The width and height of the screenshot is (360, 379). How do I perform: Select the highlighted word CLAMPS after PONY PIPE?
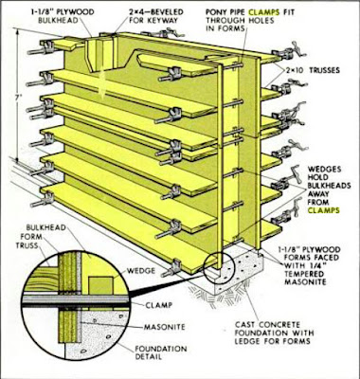[x=263, y=12]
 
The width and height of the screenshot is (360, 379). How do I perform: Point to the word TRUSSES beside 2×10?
[x=324, y=70]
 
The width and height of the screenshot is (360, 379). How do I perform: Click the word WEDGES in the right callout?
[x=325, y=170]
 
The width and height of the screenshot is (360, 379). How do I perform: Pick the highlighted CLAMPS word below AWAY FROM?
[x=324, y=210]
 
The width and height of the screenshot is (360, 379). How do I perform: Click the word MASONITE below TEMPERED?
[x=305, y=281]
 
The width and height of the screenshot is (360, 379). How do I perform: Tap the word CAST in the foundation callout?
[x=245, y=325]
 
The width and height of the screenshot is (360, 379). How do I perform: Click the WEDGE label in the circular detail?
[x=141, y=271]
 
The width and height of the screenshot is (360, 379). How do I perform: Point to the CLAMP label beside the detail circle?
[x=159, y=305]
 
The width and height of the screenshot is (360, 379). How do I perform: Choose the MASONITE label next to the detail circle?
[x=165, y=327]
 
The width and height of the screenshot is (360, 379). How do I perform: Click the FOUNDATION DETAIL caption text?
[x=161, y=353]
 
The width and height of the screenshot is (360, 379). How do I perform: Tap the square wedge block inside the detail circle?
[x=100, y=286]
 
